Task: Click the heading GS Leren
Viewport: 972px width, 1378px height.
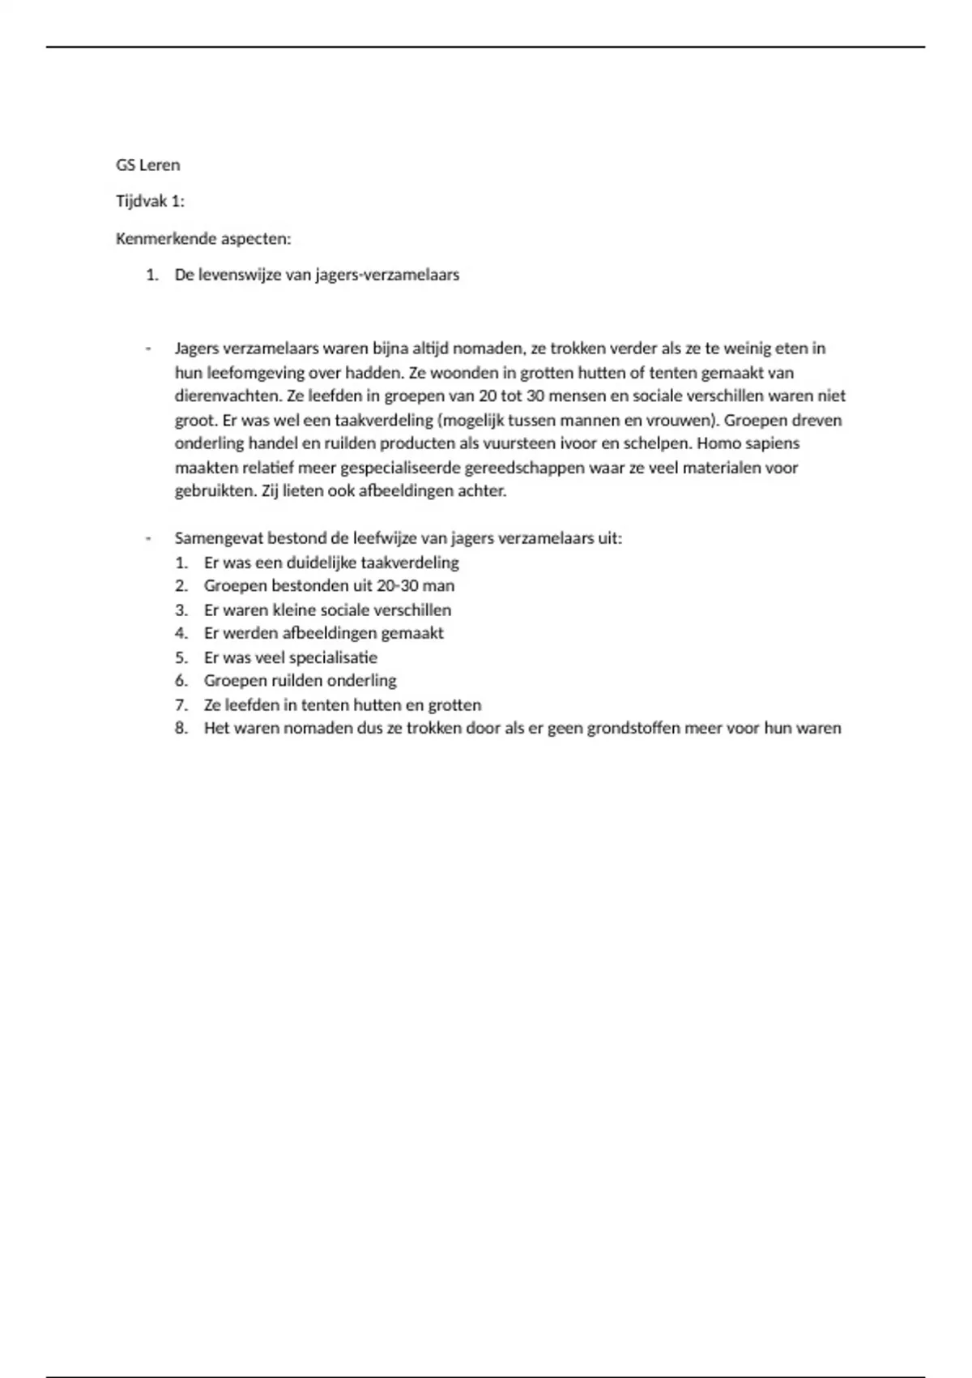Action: pos(147,165)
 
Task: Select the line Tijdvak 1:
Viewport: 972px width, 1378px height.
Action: pos(150,202)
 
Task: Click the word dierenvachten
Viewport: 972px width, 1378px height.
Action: pos(227,396)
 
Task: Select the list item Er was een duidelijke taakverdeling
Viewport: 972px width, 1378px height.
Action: pos(331,563)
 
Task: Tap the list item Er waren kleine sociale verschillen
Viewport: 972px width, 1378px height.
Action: pos(327,610)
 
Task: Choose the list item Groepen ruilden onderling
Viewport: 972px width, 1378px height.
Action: pos(300,681)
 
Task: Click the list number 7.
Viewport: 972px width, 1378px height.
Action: pos(181,705)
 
